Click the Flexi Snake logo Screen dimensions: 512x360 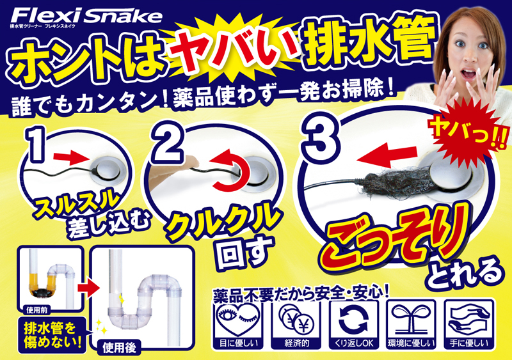[86, 17]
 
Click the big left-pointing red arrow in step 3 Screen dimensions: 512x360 [387, 156]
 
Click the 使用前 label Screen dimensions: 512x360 [37, 309]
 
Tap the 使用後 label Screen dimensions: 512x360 [120, 348]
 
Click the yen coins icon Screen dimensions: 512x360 [296, 320]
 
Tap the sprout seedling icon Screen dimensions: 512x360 [411, 319]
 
